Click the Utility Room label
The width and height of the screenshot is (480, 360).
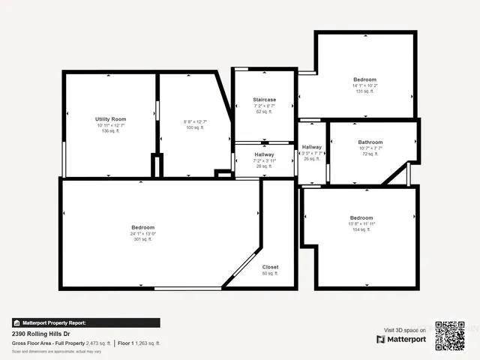[x=110, y=119]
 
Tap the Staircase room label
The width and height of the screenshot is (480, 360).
[x=264, y=100]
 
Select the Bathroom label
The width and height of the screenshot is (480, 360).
[x=370, y=142]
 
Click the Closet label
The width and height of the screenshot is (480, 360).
[x=270, y=267]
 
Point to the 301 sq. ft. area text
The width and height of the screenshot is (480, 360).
[x=142, y=240]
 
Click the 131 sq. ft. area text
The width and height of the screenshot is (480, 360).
[x=364, y=91]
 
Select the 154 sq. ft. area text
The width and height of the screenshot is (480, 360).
[x=361, y=229]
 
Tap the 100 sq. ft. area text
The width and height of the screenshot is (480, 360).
[x=195, y=127]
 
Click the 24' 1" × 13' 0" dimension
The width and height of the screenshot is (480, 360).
[x=142, y=234]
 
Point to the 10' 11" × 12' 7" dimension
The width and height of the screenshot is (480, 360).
[x=110, y=125]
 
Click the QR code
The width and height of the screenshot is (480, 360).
[x=450, y=335]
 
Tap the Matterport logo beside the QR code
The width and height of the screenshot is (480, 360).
[x=401, y=340]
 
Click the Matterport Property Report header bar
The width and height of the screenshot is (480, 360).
[x=85, y=322]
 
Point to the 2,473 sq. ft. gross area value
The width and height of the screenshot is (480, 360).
[x=98, y=343]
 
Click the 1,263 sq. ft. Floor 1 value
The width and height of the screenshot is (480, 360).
[x=148, y=343]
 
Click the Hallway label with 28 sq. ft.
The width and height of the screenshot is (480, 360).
[x=264, y=154]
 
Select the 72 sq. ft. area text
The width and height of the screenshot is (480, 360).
[x=370, y=154]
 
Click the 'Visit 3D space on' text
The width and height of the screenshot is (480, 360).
[x=405, y=330]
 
